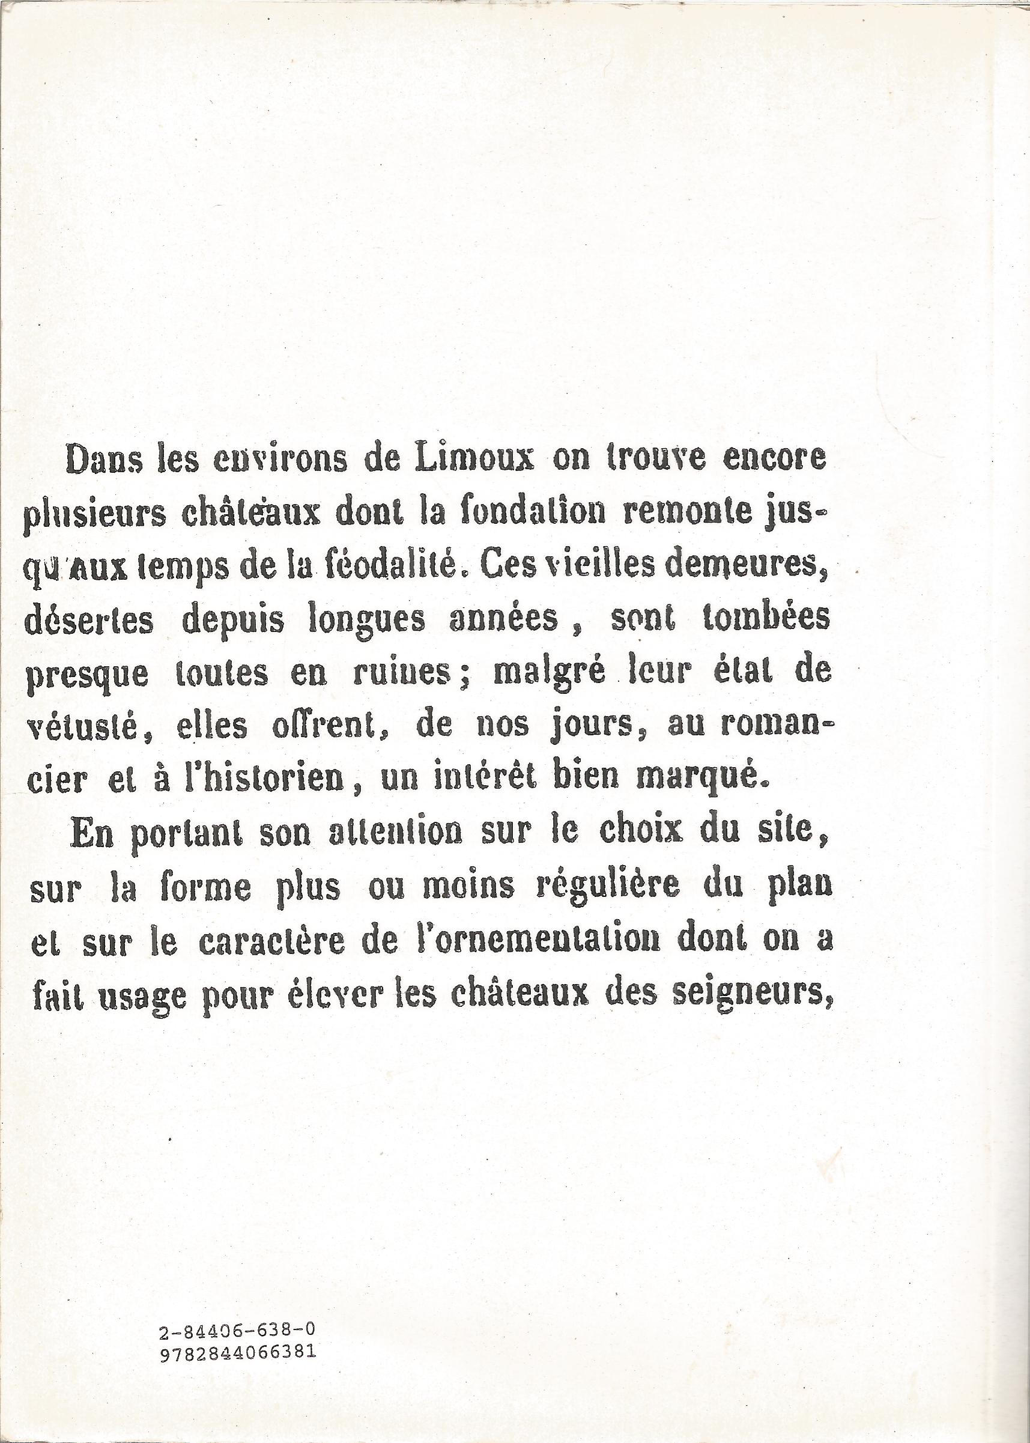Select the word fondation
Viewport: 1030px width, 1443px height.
pyautogui.click(x=528, y=513)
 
